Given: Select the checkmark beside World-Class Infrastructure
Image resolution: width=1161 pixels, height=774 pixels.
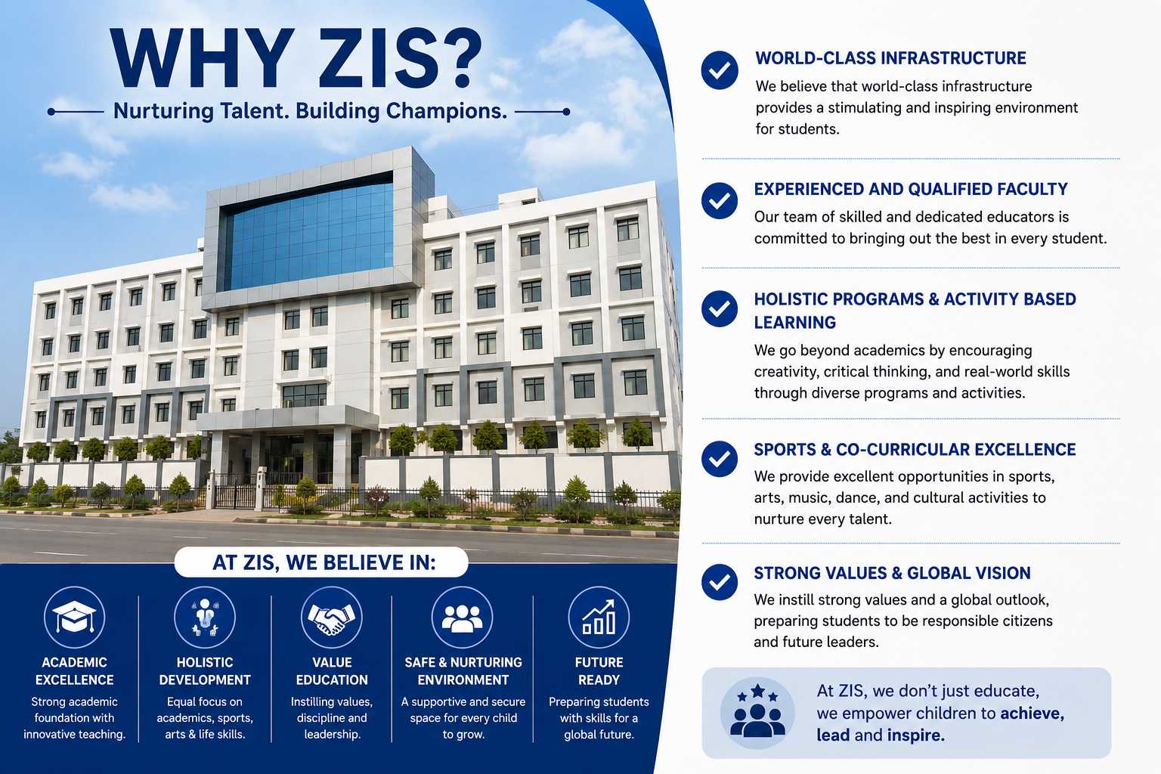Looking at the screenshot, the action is (720, 70).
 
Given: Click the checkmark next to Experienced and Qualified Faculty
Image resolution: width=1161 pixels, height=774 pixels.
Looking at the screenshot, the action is (720, 200).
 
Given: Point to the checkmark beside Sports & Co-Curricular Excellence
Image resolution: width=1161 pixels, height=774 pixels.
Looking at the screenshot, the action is (720, 459).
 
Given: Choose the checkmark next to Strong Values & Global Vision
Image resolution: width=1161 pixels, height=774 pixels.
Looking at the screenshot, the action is (720, 582).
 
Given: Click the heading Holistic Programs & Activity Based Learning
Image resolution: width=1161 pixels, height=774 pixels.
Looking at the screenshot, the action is (915, 311).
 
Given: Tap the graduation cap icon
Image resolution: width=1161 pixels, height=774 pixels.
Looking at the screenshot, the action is (74, 617).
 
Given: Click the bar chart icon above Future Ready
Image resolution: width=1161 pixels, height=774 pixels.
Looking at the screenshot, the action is (599, 617).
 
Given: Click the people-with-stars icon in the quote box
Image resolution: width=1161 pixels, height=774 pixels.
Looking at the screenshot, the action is (757, 711).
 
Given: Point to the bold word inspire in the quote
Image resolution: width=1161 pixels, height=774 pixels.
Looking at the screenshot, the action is (915, 735).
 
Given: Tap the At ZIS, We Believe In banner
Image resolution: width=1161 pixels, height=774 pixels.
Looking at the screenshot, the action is (321, 562).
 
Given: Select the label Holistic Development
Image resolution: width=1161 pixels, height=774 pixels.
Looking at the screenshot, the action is (205, 671).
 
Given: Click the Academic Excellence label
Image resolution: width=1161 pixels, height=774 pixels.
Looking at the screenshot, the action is (74, 671).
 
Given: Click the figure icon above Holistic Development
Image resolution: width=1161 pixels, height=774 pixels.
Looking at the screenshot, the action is (205, 617).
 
